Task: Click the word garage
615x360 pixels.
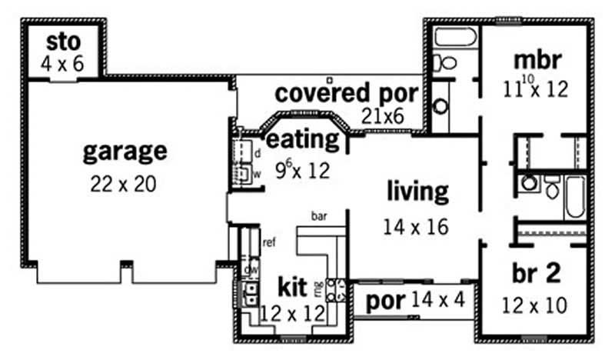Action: pos(124,151)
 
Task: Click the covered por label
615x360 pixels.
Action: pos(347,93)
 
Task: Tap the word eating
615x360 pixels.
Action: pos(302,139)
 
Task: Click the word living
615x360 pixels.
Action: pos(417,191)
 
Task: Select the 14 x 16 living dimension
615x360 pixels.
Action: pos(416,227)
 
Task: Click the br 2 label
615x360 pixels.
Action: pos(536,274)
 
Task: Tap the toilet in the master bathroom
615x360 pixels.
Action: pos(445,63)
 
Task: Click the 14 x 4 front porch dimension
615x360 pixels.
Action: pos(437,299)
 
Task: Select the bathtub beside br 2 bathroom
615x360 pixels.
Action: pos(576,195)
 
